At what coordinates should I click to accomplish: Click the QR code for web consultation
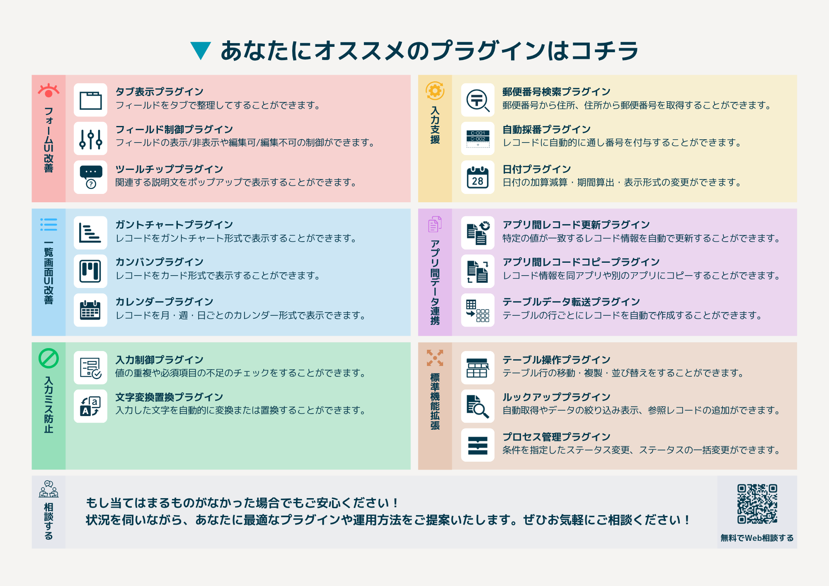757,504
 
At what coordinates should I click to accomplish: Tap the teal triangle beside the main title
201,50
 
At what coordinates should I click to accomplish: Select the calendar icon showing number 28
478,177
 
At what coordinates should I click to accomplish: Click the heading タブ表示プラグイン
159,92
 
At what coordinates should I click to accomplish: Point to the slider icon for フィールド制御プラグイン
90,139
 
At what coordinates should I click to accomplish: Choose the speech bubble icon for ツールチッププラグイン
90,177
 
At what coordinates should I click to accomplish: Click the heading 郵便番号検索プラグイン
556,92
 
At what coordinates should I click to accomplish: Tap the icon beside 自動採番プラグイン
478,139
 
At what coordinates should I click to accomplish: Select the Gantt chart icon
90,233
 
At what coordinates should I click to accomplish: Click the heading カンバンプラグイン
159,262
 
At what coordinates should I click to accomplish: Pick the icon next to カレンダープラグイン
90,310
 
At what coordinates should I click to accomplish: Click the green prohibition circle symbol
48,358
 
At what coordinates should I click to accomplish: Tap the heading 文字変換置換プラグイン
169,397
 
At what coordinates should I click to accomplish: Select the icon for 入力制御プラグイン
90,368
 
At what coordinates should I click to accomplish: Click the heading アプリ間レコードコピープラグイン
581,262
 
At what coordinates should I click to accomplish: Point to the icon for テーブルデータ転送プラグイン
478,310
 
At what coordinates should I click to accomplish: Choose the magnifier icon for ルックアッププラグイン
478,406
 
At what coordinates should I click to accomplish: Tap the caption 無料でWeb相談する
757,538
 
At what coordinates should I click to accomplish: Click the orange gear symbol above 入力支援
435,90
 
